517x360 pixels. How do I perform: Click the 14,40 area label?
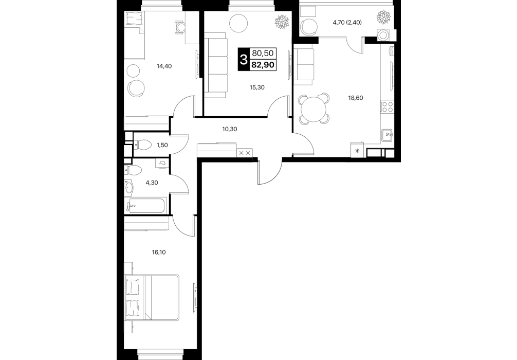[164, 66]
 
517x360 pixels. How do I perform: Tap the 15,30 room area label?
[257, 87]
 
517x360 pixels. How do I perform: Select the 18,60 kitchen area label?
[356, 98]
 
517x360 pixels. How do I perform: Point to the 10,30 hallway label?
[230, 129]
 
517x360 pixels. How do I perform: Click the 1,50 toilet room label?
[162, 145]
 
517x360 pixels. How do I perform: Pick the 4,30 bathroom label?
[152, 183]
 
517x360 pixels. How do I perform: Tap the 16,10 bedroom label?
[159, 253]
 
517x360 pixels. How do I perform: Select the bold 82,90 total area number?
[263, 65]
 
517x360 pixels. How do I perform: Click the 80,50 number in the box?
[263, 53]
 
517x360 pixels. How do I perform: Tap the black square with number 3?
[244, 59]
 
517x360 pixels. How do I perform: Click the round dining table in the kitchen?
[314, 108]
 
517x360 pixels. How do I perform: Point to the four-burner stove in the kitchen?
[387, 107]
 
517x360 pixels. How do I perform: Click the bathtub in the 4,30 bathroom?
[146, 206]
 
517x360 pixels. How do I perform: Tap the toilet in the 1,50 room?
[142, 145]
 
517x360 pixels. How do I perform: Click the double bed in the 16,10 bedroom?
[152, 297]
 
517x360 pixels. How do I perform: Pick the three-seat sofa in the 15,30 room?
[216, 65]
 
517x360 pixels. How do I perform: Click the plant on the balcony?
[384, 17]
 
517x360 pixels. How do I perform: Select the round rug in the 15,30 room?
[239, 24]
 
